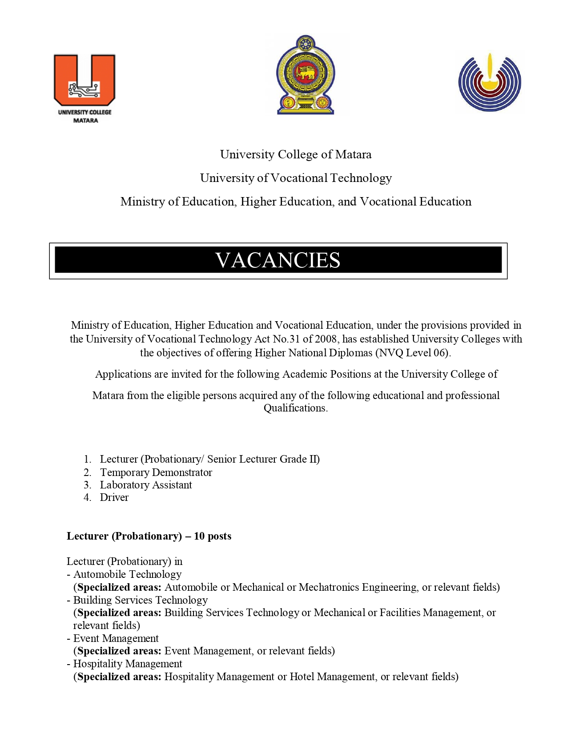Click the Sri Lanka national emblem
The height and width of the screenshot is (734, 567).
(x=306, y=75)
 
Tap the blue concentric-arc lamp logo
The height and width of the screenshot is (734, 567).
(x=490, y=83)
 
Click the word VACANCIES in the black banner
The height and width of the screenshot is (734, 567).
(x=278, y=260)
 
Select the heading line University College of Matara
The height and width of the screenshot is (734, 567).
(x=296, y=154)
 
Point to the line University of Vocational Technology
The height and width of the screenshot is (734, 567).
(x=296, y=178)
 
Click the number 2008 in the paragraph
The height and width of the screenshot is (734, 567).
(x=326, y=339)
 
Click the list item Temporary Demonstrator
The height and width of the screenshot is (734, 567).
(x=156, y=472)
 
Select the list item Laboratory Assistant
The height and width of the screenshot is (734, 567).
(x=146, y=485)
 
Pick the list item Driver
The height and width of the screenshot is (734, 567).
(x=114, y=497)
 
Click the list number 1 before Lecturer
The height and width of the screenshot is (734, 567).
(x=87, y=459)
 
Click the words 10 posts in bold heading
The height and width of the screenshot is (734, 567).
(x=213, y=536)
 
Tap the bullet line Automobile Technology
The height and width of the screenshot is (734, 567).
(x=127, y=574)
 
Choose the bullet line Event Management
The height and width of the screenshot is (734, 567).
(x=116, y=638)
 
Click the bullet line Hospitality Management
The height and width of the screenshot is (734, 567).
(x=128, y=664)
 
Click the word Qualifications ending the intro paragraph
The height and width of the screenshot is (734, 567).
(x=295, y=408)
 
